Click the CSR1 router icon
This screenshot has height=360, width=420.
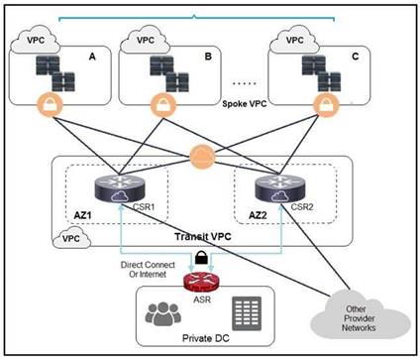pyautogui.click(x=120, y=187)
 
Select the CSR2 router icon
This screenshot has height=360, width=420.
pyautogui.click(x=280, y=187)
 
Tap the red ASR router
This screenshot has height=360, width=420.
pyautogui.click(x=201, y=283)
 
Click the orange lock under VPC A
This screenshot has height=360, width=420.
pyautogui.click(x=50, y=104)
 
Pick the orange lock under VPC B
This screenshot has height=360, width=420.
pyautogui.click(x=163, y=105)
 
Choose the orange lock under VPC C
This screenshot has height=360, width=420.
pyautogui.click(x=326, y=104)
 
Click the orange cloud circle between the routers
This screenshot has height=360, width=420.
pyautogui.click(x=202, y=157)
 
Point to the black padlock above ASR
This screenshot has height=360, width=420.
pyautogui.click(x=201, y=257)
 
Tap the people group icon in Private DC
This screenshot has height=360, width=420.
pyautogui.click(x=163, y=313)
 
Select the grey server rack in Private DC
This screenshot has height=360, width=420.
pyautogui.click(x=247, y=313)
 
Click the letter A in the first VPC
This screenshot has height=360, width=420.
pyautogui.click(x=92, y=57)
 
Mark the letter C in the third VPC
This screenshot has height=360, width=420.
pyautogui.click(x=355, y=57)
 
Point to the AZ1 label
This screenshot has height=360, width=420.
pyautogui.click(x=82, y=215)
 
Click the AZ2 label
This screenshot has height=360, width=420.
pyautogui.click(x=258, y=215)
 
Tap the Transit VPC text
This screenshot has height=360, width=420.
pyautogui.click(x=203, y=237)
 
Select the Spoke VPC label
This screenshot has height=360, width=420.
pyautogui.click(x=245, y=104)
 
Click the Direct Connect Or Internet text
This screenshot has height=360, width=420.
pyautogui.click(x=148, y=270)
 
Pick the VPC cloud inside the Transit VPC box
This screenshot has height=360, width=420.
pyautogui.click(x=71, y=237)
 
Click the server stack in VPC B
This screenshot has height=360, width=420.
pyautogui.click(x=169, y=73)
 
